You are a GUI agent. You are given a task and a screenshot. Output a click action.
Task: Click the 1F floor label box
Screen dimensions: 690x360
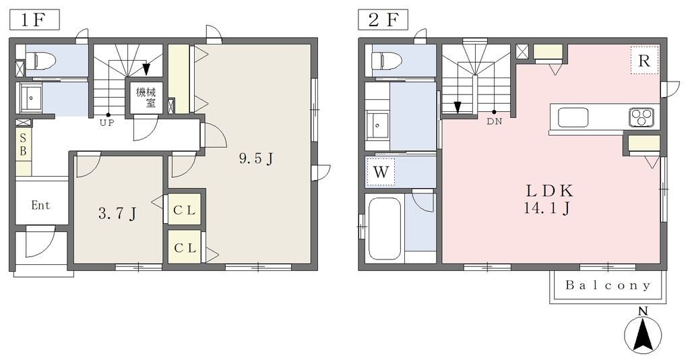pyautogui.click(x=34, y=20)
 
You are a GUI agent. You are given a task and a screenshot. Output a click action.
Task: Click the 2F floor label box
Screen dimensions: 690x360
pyautogui.click(x=383, y=20)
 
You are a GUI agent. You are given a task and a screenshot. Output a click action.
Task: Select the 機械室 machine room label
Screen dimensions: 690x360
pyautogui.click(x=146, y=98)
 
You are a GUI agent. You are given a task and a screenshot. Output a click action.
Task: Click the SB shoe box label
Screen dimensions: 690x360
pyautogui.click(x=23, y=145)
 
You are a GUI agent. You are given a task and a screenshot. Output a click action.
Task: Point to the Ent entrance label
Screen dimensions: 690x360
pyautogui.click(x=40, y=205)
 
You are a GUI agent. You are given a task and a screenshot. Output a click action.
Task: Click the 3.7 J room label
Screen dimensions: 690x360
pyautogui.click(x=117, y=214)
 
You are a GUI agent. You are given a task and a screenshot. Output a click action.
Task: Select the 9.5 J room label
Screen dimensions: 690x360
pyautogui.click(x=256, y=158)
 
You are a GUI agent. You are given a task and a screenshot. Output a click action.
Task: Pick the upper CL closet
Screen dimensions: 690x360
pyautogui.click(x=185, y=210)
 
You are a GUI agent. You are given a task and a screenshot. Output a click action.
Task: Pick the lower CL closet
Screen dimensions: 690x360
pyautogui.click(x=185, y=248)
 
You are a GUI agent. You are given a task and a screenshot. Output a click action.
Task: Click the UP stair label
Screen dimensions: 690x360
pyautogui.click(x=106, y=123)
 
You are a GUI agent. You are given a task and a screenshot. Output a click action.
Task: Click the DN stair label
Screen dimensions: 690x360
pyautogui.click(x=494, y=122)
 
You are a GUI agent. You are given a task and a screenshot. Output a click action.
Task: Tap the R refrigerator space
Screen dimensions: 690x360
pyautogui.click(x=644, y=60)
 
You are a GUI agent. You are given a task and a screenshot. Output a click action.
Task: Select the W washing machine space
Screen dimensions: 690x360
pyautogui.click(x=381, y=172)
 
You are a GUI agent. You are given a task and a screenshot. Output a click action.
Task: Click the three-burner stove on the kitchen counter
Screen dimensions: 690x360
pyautogui.click(x=641, y=117)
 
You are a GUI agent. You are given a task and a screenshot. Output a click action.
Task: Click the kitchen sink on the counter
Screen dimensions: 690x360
pyautogui.click(x=573, y=117)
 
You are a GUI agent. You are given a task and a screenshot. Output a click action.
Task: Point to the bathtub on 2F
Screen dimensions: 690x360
pyautogui.click(x=384, y=229)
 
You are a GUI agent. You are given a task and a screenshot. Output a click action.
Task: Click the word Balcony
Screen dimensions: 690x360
pyautogui.click(x=608, y=286)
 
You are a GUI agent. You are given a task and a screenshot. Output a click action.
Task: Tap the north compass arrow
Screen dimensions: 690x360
pyautogui.click(x=643, y=333)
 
